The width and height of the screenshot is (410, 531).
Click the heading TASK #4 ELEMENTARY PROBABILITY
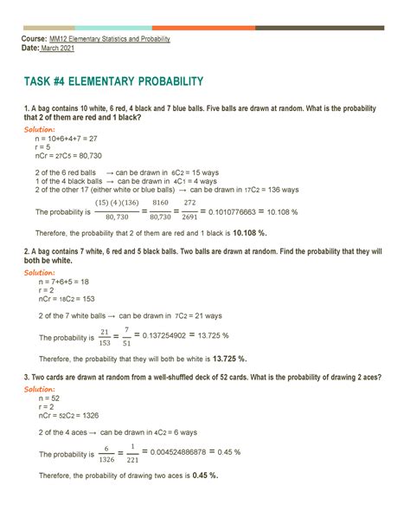point(113,81)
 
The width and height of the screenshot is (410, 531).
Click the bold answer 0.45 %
point(204,475)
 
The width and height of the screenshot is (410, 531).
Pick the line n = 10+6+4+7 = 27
point(72,138)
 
